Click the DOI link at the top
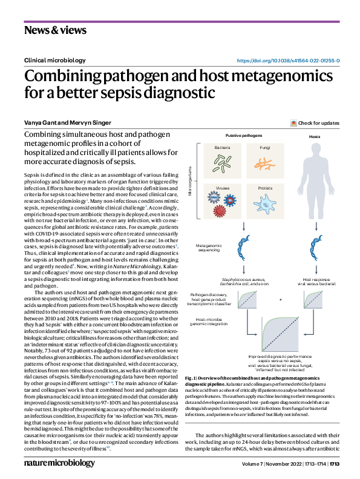tap(287, 61)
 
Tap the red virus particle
tap(220, 211)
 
